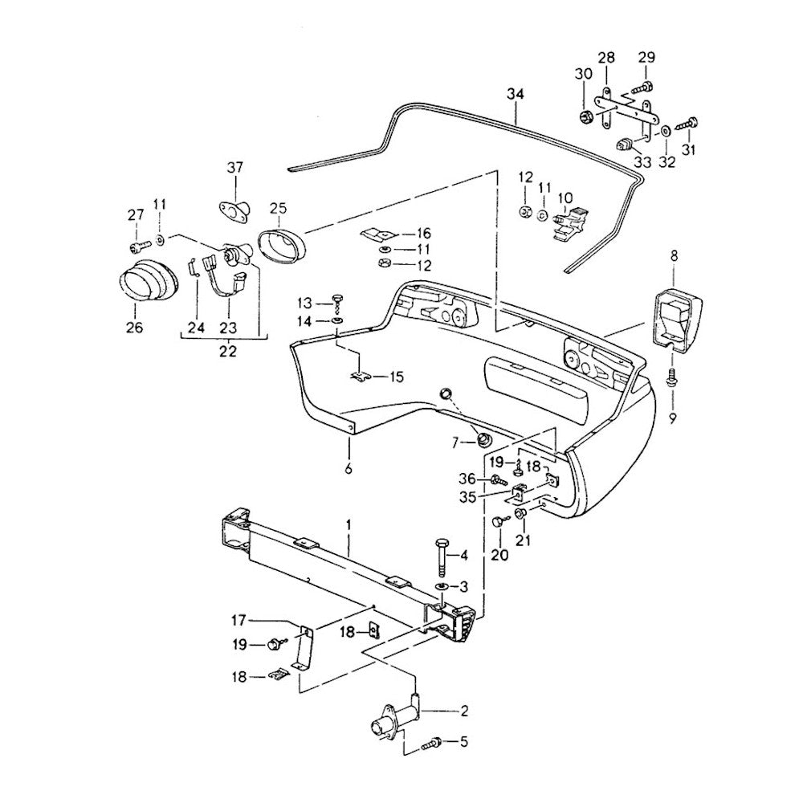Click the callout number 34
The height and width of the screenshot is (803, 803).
tap(515, 95)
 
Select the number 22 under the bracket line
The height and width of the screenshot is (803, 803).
tap(227, 351)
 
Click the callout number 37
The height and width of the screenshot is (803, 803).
tap(234, 168)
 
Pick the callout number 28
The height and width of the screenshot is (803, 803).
tap(606, 57)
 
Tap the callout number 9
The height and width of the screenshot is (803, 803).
tap(673, 418)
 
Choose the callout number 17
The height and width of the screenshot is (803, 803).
tap(238, 620)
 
